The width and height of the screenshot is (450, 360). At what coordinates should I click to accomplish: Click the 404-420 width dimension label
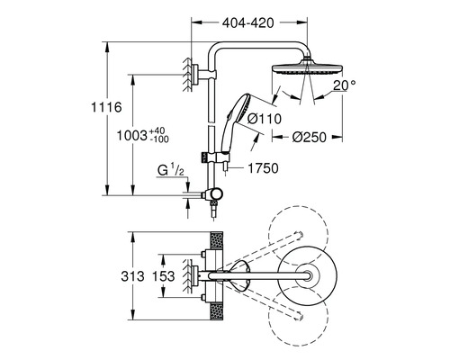click(x=247, y=23)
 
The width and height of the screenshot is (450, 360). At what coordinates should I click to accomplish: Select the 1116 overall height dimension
click(x=106, y=107)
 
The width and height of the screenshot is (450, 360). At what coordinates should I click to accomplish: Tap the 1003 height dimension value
click(x=131, y=136)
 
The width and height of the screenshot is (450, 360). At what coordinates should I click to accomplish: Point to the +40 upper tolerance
click(x=157, y=131)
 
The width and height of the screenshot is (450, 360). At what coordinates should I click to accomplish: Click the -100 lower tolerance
click(x=159, y=139)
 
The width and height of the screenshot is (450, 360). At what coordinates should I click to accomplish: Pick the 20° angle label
click(x=345, y=85)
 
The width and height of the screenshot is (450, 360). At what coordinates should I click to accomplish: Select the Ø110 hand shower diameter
click(x=265, y=119)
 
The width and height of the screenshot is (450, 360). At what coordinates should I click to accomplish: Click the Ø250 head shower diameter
click(x=309, y=137)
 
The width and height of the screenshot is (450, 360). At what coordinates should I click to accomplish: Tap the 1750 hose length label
click(x=263, y=168)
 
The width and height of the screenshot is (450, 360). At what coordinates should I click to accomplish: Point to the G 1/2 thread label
click(x=170, y=171)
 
